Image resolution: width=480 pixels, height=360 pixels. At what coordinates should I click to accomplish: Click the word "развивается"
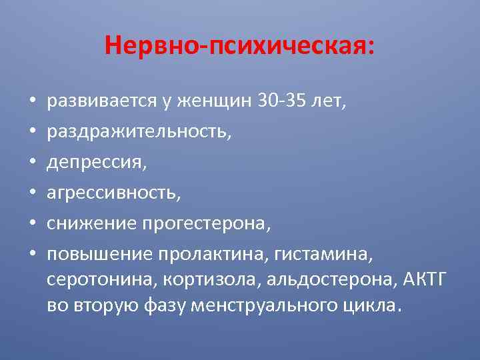coord(100,102)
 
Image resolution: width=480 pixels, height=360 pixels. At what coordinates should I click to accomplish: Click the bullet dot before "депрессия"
coord(32,163)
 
